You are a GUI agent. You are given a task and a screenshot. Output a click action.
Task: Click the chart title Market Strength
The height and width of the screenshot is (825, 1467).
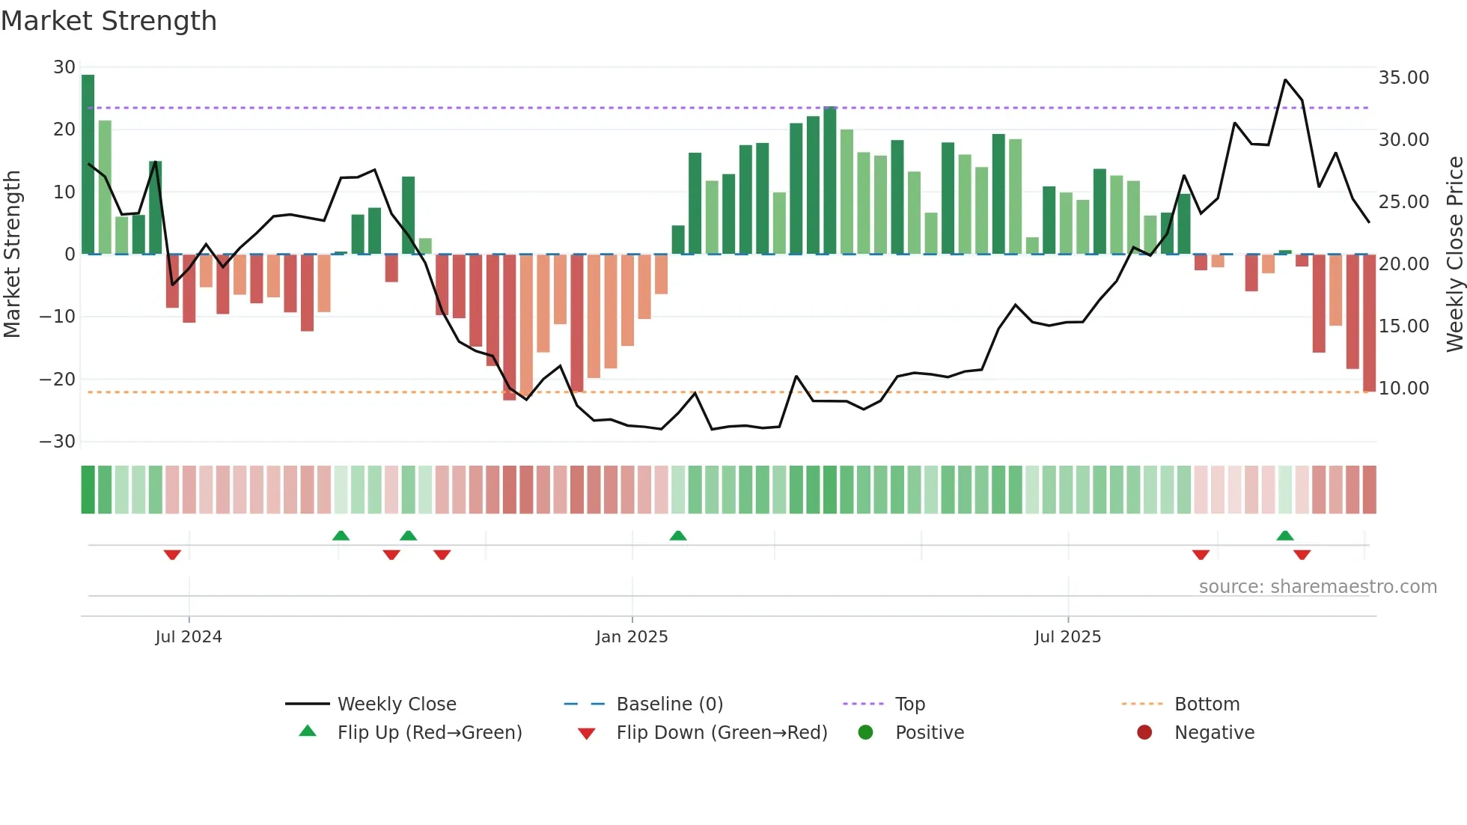pyautogui.click(x=109, y=21)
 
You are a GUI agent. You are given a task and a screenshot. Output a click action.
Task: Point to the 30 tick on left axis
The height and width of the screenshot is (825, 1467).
pyautogui.click(x=64, y=67)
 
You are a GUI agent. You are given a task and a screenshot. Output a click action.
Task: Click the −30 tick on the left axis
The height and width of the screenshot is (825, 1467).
pyautogui.click(x=58, y=442)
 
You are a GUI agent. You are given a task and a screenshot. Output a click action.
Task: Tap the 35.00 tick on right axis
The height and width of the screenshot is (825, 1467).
pyautogui.click(x=1403, y=78)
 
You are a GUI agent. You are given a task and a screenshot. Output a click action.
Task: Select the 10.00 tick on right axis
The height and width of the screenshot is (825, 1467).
pyautogui.click(x=1403, y=389)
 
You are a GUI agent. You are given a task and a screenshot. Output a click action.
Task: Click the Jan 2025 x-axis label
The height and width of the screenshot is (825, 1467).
pyautogui.click(x=632, y=637)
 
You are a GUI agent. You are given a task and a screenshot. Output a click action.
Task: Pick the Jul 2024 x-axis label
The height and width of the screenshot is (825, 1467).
pyautogui.click(x=189, y=637)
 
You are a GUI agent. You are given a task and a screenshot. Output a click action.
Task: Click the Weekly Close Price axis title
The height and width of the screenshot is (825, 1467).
pyautogui.click(x=1454, y=255)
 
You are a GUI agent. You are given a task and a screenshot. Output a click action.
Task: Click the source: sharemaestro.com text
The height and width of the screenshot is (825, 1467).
pyautogui.click(x=1317, y=587)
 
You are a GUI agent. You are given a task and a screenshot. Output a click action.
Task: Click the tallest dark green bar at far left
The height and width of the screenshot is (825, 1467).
pyautogui.click(x=88, y=165)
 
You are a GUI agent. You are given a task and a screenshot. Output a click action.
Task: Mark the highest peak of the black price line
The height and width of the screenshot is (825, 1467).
pyautogui.click(x=1285, y=80)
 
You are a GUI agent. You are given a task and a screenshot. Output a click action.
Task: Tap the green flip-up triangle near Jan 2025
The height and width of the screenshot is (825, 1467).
pyautogui.click(x=678, y=535)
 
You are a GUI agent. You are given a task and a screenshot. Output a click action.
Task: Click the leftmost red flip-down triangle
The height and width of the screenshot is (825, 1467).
pyautogui.click(x=172, y=555)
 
